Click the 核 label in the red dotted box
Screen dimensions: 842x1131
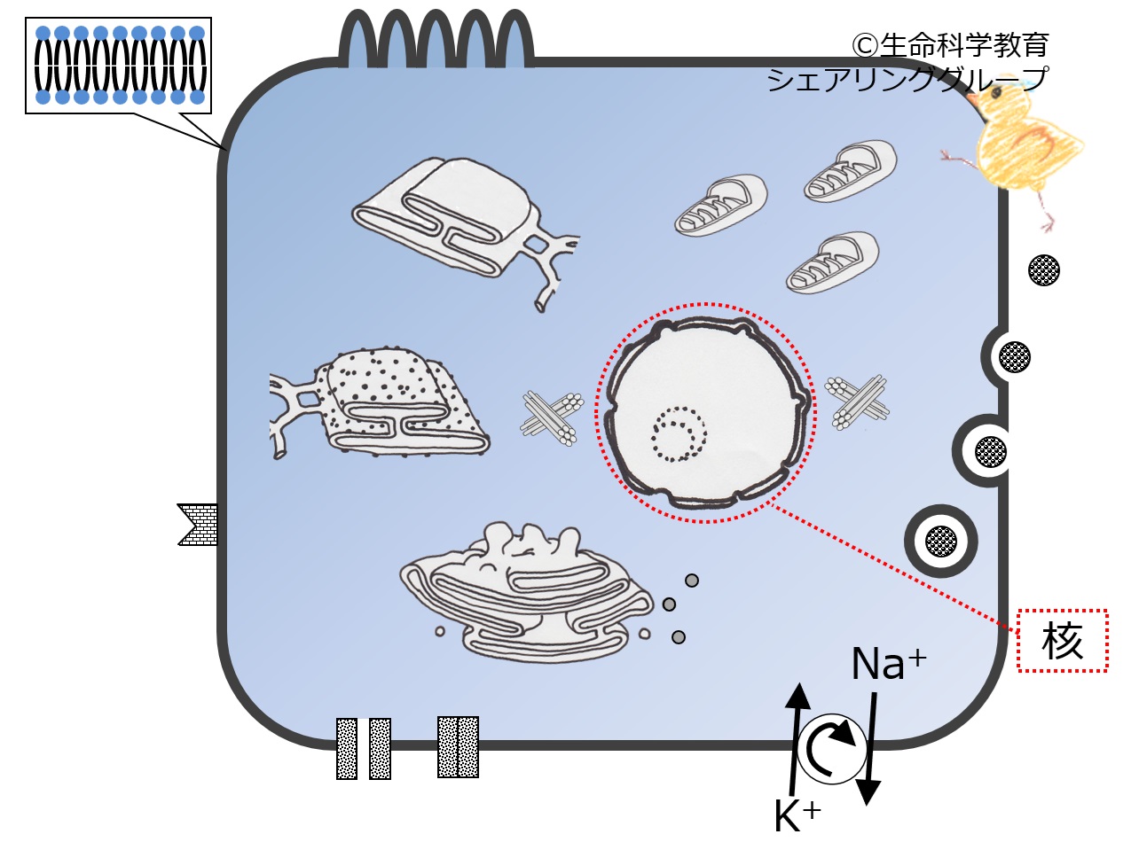(1062, 642)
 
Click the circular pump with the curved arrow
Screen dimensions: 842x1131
(831, 750)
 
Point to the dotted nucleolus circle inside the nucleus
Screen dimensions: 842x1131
(679, 434)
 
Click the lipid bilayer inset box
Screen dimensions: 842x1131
(119, 66)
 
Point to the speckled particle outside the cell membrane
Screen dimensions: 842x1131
(1045, 269)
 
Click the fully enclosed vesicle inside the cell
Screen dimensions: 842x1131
(940, 540)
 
